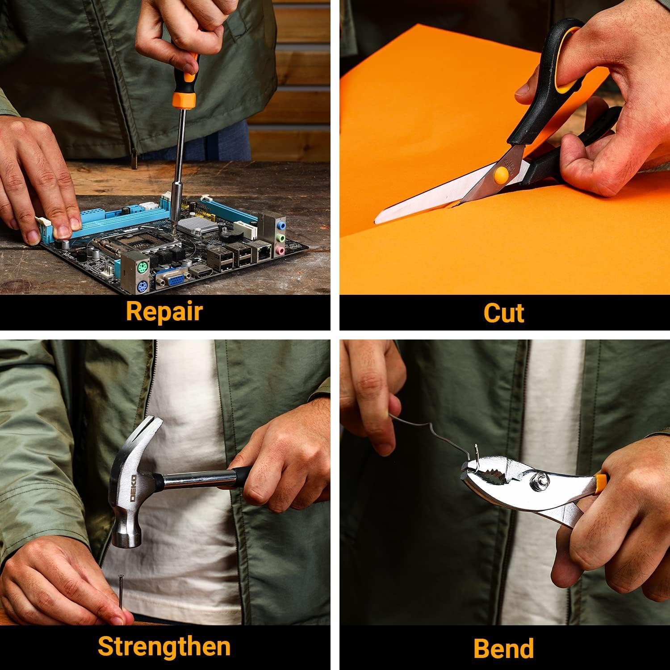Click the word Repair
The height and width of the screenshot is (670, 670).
(x=164, y=312)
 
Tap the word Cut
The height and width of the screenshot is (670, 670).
(x=504, y=312)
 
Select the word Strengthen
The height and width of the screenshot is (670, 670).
(x=164, y=646)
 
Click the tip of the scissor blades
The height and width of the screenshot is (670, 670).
(x=376, y=220)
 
